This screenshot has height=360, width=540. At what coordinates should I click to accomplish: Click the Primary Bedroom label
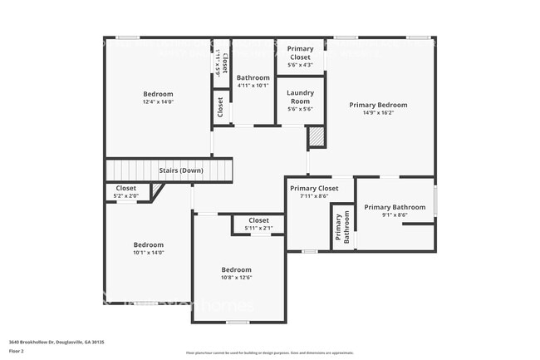[378, 105]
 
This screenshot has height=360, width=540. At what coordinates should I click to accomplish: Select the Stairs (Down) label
[181, 170]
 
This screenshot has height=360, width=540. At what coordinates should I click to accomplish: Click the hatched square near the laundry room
[316, 137]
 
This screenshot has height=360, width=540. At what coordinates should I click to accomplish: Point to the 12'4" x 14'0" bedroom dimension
[157, 102]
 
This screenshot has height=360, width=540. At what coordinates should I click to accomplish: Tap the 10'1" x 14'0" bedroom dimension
[149, 253]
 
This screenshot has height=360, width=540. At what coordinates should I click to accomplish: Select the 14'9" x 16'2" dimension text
[378, 113]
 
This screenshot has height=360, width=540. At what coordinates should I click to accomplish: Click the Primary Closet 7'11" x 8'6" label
[314, 189]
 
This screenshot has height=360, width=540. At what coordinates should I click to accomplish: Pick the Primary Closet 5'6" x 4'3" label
[300, 53]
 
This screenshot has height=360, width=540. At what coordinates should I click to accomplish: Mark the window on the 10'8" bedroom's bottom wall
[238, 322]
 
